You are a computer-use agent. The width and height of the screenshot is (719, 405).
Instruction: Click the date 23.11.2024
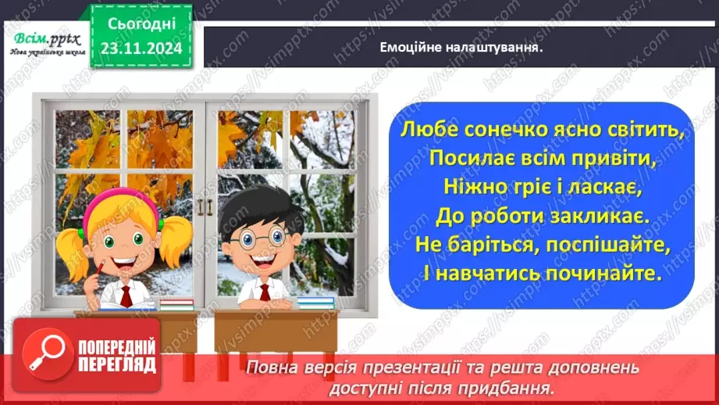(141, 48)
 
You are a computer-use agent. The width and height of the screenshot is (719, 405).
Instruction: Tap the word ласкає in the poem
(600, 188)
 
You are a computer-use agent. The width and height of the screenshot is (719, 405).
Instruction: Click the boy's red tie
(265, 293)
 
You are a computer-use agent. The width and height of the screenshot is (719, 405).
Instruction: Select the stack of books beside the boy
(316, 301)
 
